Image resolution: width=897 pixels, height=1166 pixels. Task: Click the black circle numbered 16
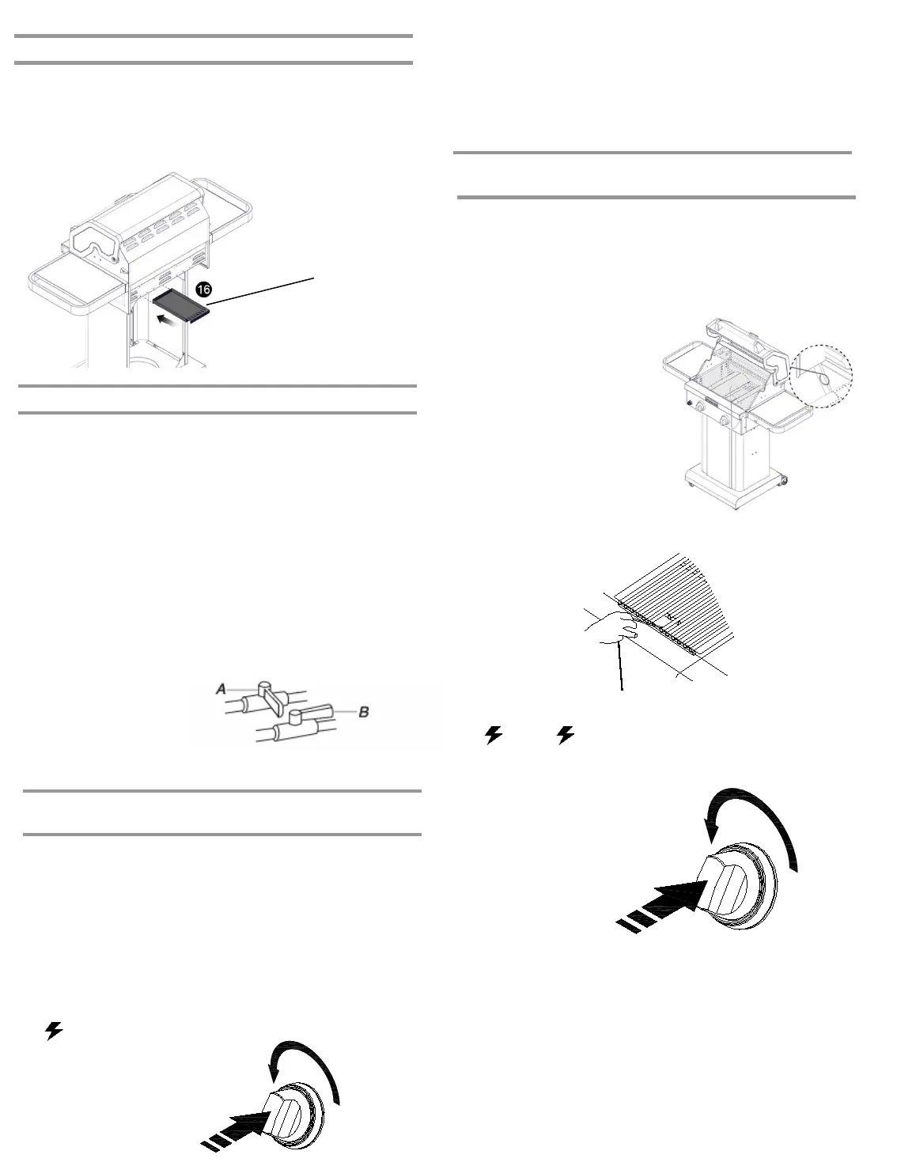203,290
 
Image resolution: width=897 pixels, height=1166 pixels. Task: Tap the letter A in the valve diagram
221,690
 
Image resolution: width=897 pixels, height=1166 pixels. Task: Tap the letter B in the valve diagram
364,712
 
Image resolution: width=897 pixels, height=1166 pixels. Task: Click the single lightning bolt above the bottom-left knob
53,1031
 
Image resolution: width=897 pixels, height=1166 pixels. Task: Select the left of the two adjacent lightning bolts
494,736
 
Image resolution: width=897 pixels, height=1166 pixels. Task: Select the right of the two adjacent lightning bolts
565,736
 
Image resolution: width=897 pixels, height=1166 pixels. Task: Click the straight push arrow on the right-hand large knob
664,902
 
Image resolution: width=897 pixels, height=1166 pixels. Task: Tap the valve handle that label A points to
273,696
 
